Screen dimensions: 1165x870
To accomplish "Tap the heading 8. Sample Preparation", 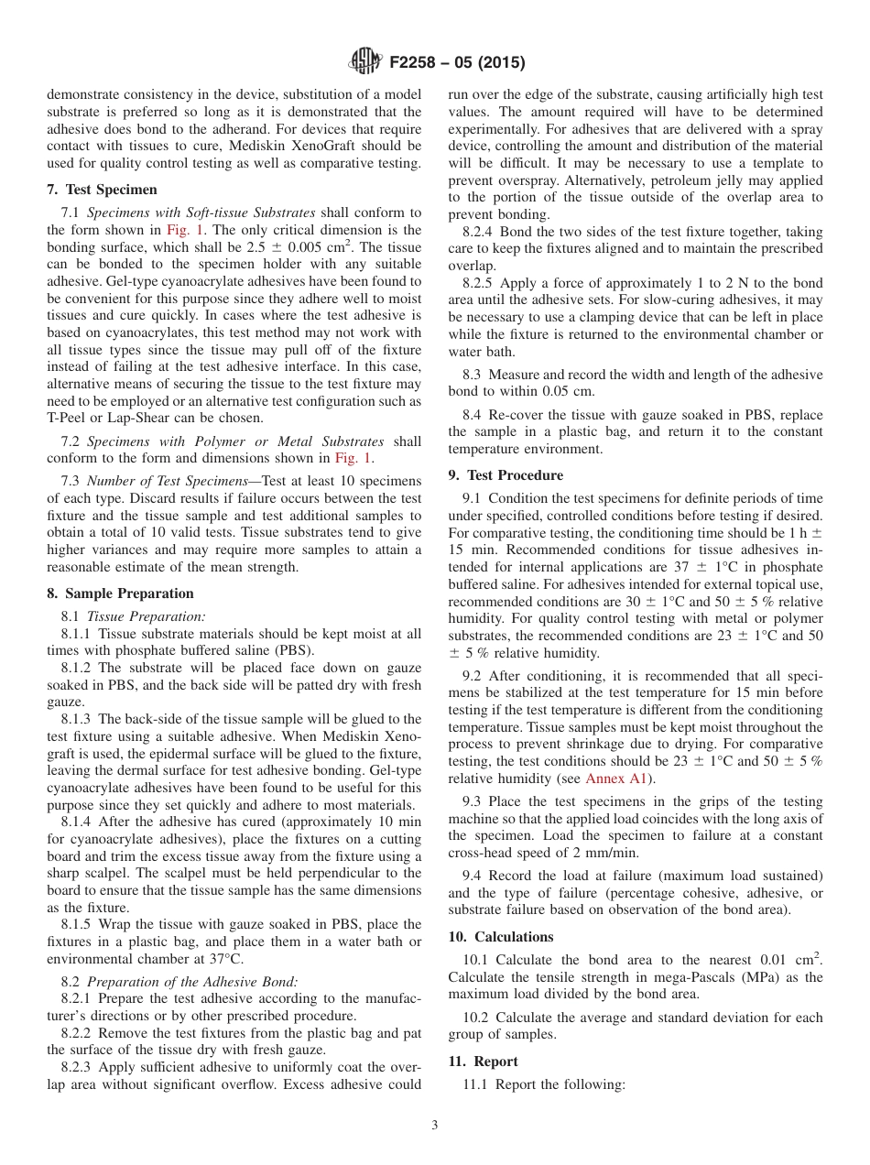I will [120, 593].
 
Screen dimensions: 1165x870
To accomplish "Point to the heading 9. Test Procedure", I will [506, 475].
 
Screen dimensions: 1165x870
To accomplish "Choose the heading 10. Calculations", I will [501, 937].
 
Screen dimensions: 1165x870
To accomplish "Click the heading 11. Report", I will [483, 1062].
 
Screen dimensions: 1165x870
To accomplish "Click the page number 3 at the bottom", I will [435, 1126].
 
